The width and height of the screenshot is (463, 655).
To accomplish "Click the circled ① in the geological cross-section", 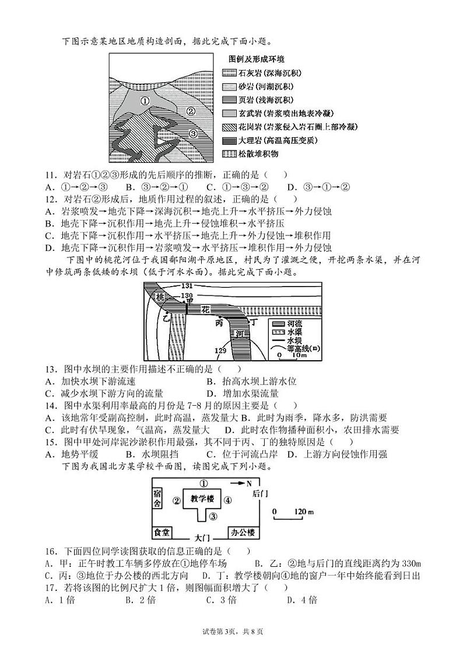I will click(x=145, y=100).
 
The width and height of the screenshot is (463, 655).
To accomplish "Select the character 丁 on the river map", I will click(x=253, y=322).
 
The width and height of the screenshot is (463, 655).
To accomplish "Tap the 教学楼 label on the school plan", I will click(x=202, y=499).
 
